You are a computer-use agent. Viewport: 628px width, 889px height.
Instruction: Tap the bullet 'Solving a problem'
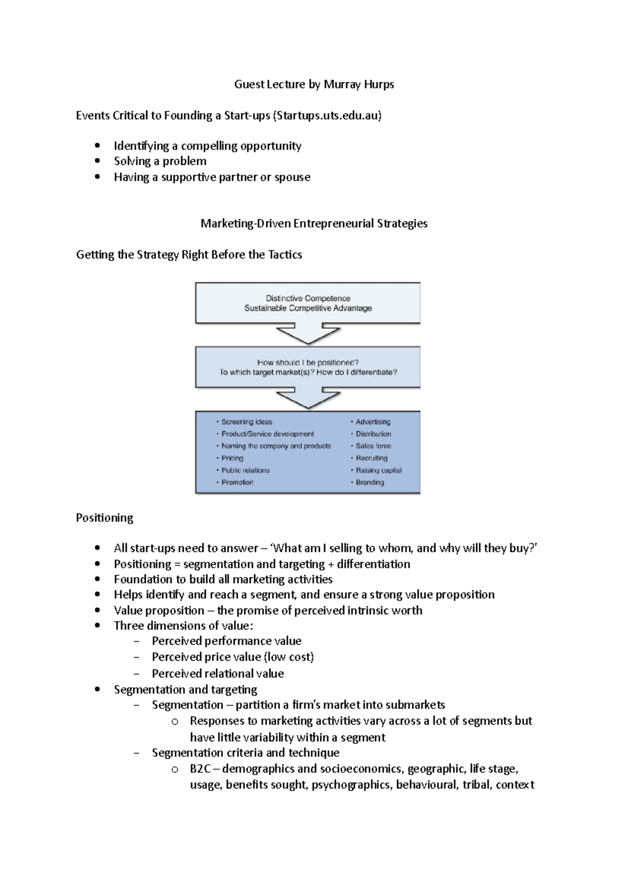[x=160, y=161]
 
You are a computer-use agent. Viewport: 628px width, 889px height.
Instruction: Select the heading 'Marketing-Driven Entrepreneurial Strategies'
[x=314, y=224]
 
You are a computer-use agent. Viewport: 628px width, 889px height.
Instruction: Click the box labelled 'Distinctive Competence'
[x=308, y=303]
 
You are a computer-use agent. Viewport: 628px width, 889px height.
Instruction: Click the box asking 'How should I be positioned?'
[x=308, y=367]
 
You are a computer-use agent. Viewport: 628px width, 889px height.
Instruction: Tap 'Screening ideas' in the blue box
[x=246, y=422]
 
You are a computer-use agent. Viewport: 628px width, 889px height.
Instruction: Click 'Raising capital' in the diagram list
[x=378, y=470]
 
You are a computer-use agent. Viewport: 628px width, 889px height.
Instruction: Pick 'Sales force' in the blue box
[x=373, y=446]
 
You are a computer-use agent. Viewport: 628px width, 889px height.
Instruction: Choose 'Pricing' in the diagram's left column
[x=232, y=458]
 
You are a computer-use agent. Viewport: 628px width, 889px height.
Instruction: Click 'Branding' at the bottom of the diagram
[x=369, y=482]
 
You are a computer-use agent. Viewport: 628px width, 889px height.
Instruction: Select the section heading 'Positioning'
[x=105, y=518]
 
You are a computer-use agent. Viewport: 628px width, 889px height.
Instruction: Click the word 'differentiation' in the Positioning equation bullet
[x=373, y=564]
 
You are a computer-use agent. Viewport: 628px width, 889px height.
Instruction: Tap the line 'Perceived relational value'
[x=218, y=674]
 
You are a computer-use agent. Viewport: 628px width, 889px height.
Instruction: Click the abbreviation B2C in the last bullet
[x=200, y=769]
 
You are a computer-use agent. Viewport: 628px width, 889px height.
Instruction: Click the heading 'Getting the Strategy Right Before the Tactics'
[x=189, y=255]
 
